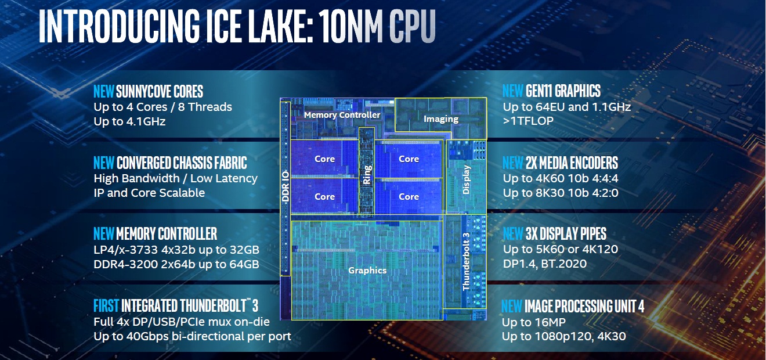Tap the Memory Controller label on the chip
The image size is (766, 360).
point(342,115)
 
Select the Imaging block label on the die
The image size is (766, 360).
point(441,119)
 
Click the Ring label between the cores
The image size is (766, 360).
point(367,174)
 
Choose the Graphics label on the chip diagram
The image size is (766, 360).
point(367,270)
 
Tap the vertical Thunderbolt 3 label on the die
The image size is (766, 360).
point(465,261)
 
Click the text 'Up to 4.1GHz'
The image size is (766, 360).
point(129,121)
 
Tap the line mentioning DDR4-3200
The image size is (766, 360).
point(176,264)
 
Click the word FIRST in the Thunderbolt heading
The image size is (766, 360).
point(106,305)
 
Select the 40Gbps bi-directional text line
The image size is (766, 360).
point(192,336)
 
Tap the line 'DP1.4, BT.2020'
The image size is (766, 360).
point(545,264)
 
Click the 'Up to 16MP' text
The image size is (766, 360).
point(534,322)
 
